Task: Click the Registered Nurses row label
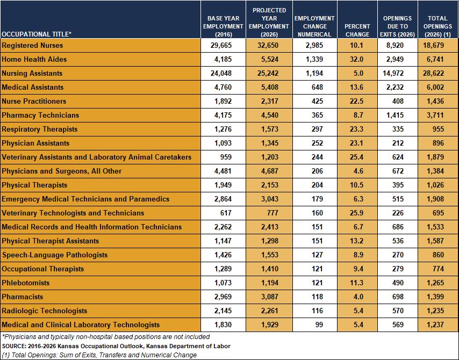[x=32, y=45]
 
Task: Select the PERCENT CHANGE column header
[x=357, y=30]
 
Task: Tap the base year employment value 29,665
[x=221, y=45]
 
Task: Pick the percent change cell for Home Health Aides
[x=356, y=59]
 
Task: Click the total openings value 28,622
[x=433, y=73]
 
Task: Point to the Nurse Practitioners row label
[x=34, y=101]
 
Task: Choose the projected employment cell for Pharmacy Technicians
[x=270, y=115]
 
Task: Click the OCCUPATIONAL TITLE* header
[x=37, y=34]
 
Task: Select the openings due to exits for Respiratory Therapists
[x=398, y=129]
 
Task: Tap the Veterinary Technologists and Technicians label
[x=73, y=213]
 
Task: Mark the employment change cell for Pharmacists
[x=317, y=297]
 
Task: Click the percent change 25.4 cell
[x=356, y=157]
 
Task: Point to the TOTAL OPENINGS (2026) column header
[x=438, y=26]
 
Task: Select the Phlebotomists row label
[x=25, y=283]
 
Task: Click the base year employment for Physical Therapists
[x=223, y=185]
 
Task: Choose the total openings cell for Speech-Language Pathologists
[x=438, y=255]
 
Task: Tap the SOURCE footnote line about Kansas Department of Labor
[x=116, y=346]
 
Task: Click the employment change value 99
[x=319, y=325]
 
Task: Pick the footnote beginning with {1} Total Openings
[x=99, y=355]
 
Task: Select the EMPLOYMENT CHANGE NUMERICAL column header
[x=314, y=26]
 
